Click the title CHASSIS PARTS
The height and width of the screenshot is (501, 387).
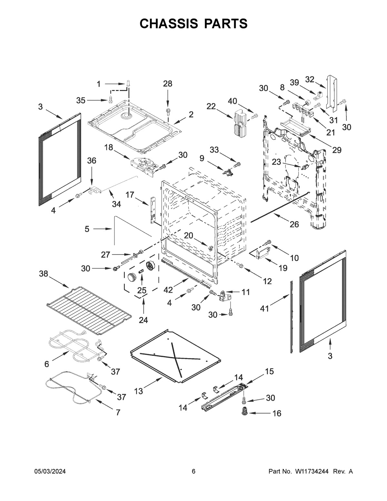193,24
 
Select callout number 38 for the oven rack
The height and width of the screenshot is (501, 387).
44,274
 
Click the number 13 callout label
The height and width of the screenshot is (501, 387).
138,391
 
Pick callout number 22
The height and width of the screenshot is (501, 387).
211,106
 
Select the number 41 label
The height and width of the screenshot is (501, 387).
264,309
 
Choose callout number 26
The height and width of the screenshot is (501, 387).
294,224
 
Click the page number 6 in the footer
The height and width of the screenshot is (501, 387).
193,472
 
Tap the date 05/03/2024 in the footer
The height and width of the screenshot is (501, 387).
50,472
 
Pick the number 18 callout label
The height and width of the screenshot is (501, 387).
109,147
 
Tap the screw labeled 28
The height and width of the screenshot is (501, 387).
168,111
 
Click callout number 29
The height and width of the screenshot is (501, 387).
337,150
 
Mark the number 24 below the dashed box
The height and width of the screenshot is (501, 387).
143,320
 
